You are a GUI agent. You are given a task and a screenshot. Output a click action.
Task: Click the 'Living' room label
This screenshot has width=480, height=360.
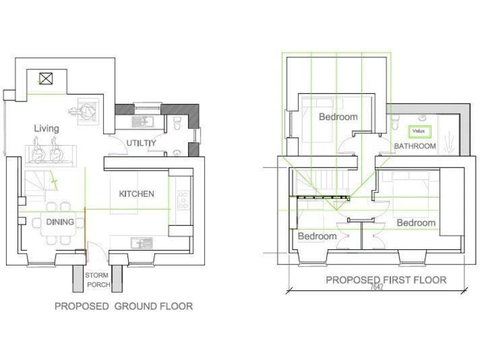(x=46, y=129)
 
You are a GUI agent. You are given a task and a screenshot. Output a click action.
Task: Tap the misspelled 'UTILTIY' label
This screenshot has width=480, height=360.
(x=141, y=143)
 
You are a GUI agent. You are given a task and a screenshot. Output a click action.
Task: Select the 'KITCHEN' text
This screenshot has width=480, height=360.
(x=136, y=194)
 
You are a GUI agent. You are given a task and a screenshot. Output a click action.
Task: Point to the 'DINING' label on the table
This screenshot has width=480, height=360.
(x=60, y=222)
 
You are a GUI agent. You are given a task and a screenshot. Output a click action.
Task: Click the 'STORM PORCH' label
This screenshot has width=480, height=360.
(x=97, y=280)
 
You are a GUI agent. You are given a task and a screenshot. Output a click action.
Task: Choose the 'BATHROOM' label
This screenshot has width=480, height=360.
(x=414, y=146)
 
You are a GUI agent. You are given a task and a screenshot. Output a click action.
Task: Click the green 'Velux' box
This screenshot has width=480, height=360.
(x=418, y=132)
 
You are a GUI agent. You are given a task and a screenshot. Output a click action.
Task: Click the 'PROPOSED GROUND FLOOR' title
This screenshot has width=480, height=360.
(x=123, y=306)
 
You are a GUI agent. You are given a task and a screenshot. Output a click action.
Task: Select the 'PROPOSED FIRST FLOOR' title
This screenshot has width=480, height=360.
(x=386, y=280)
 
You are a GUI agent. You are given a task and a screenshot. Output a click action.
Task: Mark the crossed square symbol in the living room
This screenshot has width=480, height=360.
(x=46, y=79)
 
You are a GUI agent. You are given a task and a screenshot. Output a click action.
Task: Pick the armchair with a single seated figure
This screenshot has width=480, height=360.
(x=86, y=111)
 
